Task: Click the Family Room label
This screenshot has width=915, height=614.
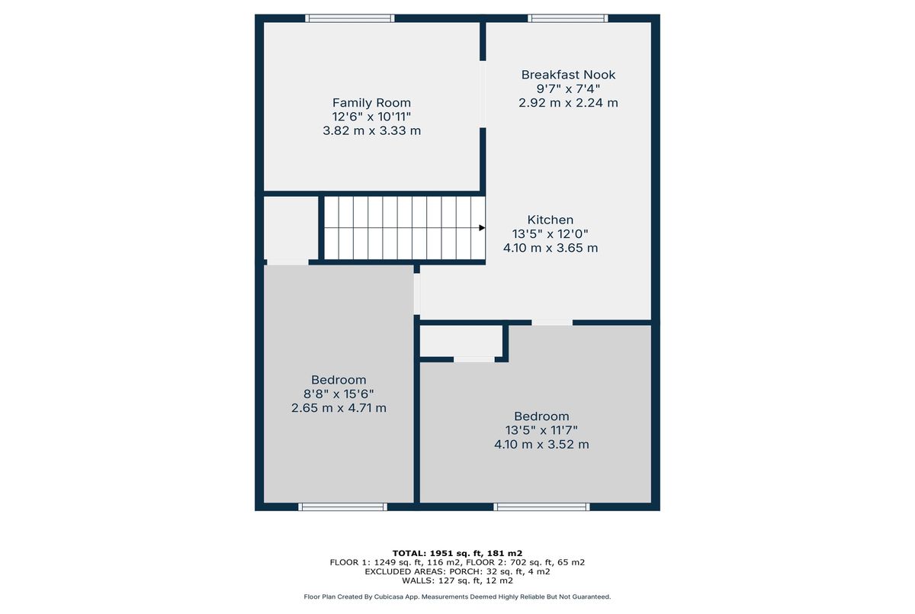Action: (x=371, y=102)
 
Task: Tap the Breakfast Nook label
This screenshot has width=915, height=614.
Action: (x=568, y=75)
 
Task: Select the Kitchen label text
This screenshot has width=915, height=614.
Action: (x=551, y=220)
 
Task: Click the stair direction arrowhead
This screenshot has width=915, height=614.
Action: (x=482, y=227)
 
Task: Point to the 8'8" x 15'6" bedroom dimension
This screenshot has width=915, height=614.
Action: (x=339, y=394)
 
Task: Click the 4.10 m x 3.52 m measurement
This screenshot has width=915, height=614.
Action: (x=541, y=444)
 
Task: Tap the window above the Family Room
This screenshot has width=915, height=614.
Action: (x=350, y=18)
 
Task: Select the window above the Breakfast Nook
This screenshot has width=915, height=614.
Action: (x=568, y=18)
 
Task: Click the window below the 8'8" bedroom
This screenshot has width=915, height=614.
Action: (x=342, y=507)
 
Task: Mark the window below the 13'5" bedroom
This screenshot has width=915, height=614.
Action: (x=541, y=507)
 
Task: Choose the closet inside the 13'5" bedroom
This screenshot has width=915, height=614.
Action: (x=461, y=341)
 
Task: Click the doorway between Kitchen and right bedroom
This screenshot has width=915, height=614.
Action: (x=552, y=323)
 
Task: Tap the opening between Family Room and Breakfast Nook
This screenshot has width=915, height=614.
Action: (x=483, y=95)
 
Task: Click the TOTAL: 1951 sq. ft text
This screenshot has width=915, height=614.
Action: (x=438, y=554)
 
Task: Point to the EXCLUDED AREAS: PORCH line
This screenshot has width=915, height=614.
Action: (x=457, y=571)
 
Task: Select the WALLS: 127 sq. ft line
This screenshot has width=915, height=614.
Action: (x=457, y=580)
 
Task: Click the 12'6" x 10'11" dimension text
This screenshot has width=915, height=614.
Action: (x=371, y=117)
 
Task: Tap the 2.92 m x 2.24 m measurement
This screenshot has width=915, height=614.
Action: (x=568, y=102)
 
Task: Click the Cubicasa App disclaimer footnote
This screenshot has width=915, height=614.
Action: (x=457, y=597)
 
